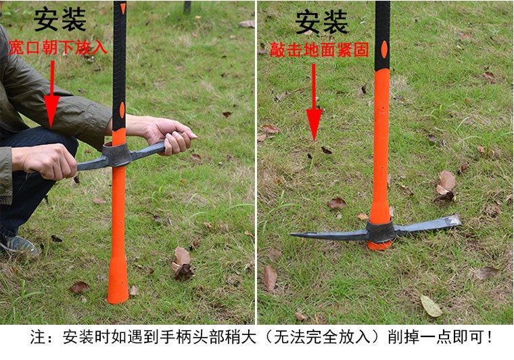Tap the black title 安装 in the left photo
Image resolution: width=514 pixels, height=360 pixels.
(x=60, y=20)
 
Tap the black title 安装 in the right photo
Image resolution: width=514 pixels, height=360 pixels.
(x=321, y=22)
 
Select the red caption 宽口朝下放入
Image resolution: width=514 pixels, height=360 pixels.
(x=57, y=47)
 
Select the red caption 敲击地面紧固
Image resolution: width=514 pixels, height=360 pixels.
(x=320, y=50)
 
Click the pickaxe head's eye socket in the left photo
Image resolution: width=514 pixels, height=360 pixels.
(x=117, y=154)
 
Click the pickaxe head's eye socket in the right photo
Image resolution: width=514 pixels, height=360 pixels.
(x=380, y=231)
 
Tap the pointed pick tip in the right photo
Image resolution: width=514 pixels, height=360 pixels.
(x=290, y=234)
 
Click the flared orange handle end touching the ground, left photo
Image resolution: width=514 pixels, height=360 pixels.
(x=118, y=283)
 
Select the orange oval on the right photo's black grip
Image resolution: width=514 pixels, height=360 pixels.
(x=384, y=49)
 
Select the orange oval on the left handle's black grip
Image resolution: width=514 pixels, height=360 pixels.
(x=122, y=110)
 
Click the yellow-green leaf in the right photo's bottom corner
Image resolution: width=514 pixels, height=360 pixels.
(x=431, y=307)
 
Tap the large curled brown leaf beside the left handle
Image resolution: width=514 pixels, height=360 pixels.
(x=182, y=263)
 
